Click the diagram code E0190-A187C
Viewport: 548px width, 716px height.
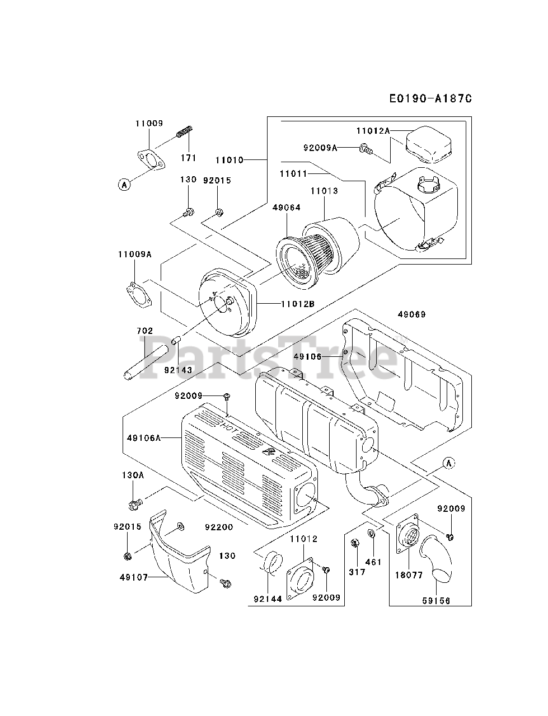[430, 98]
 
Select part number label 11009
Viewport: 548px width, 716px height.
[148, 123]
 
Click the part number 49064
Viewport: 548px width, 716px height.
[287, 208]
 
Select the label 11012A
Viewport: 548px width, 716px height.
[372, 130]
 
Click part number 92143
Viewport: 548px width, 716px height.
[178, 370]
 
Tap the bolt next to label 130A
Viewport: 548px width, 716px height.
[135, 505]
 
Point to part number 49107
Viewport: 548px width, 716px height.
[133, 577]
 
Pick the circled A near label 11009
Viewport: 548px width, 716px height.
[124, 183]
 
